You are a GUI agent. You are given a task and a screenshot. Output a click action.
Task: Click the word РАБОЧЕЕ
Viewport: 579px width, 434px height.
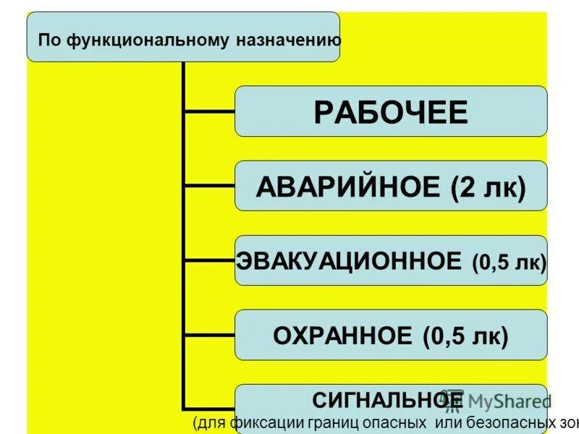[x=390, y=112]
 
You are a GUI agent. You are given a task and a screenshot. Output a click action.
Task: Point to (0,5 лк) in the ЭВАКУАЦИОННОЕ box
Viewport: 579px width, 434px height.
[x=509, y=262]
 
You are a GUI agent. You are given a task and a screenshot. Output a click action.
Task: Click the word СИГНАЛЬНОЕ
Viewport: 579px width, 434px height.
[x=387, y=399]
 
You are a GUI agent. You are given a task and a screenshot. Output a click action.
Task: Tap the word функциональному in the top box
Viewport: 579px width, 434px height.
[x=145, y=38]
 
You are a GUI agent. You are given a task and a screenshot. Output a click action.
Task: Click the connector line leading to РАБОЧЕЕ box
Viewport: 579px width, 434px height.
[x=209, y=111]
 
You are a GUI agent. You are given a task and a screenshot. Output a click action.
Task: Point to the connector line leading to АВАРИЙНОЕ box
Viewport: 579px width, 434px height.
[x=209, y=186]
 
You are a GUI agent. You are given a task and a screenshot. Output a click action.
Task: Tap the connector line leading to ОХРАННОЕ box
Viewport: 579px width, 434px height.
[x=209, y=335]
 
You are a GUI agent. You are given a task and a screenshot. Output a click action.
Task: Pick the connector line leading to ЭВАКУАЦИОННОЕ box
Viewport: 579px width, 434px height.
[x=209, y=260]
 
